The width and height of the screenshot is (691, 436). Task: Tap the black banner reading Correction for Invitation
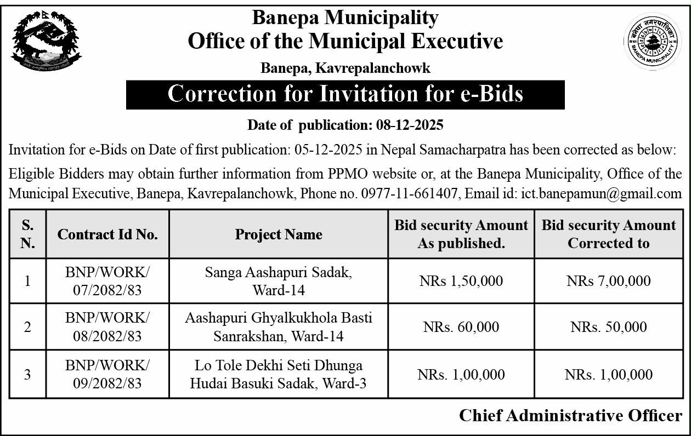pos(345,94)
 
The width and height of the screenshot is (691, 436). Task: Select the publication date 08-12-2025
pos(410,125)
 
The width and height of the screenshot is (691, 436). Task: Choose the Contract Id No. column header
pos(107,234)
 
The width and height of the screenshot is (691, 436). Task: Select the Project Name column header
pos(279,234)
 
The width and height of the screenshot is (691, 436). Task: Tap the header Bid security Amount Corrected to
pos(609,234)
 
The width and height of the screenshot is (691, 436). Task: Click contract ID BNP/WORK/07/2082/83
pos(107,281)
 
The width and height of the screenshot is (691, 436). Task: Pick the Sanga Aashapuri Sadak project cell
pos(279,281)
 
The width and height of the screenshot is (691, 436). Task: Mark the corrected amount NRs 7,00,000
pos(609,281)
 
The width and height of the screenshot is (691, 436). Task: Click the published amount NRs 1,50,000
pos(461,281)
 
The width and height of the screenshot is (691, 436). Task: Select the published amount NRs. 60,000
pos(461,327)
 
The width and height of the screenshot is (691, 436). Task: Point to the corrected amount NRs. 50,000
pos(609,327)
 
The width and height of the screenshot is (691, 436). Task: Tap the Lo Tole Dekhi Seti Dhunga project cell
pos(279,375)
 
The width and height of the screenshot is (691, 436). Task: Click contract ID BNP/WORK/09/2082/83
pos(107,375)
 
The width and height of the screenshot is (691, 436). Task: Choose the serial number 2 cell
pos(27,327)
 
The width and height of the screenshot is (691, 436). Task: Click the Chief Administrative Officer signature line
pos(570,415)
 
